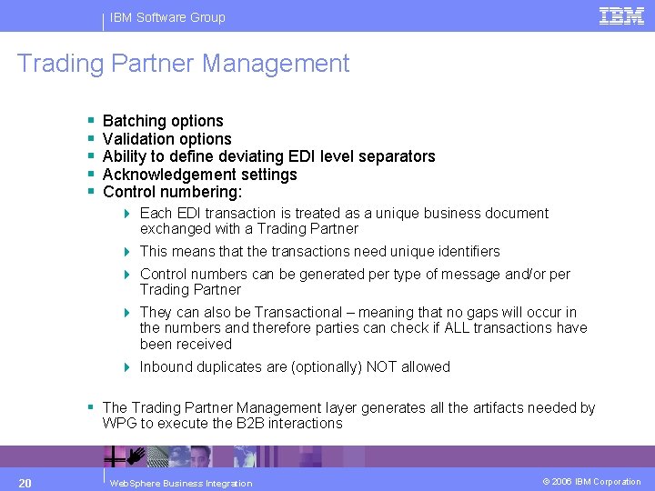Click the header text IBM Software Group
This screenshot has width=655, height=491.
[x=167, y=17]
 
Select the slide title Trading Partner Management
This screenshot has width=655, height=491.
[x=183, y=64]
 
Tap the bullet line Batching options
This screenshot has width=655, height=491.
[x=163, y=121]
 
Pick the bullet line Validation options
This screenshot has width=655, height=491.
[x=167, y=139]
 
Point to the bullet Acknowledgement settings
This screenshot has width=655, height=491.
[x=200, y=175]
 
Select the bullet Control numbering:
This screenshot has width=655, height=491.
[x=173, y=193]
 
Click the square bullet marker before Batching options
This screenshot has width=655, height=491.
[x=92, y=121]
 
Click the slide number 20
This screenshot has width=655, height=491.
[x=25, y=482]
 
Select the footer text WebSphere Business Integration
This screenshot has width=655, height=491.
[x=180, y=483]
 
